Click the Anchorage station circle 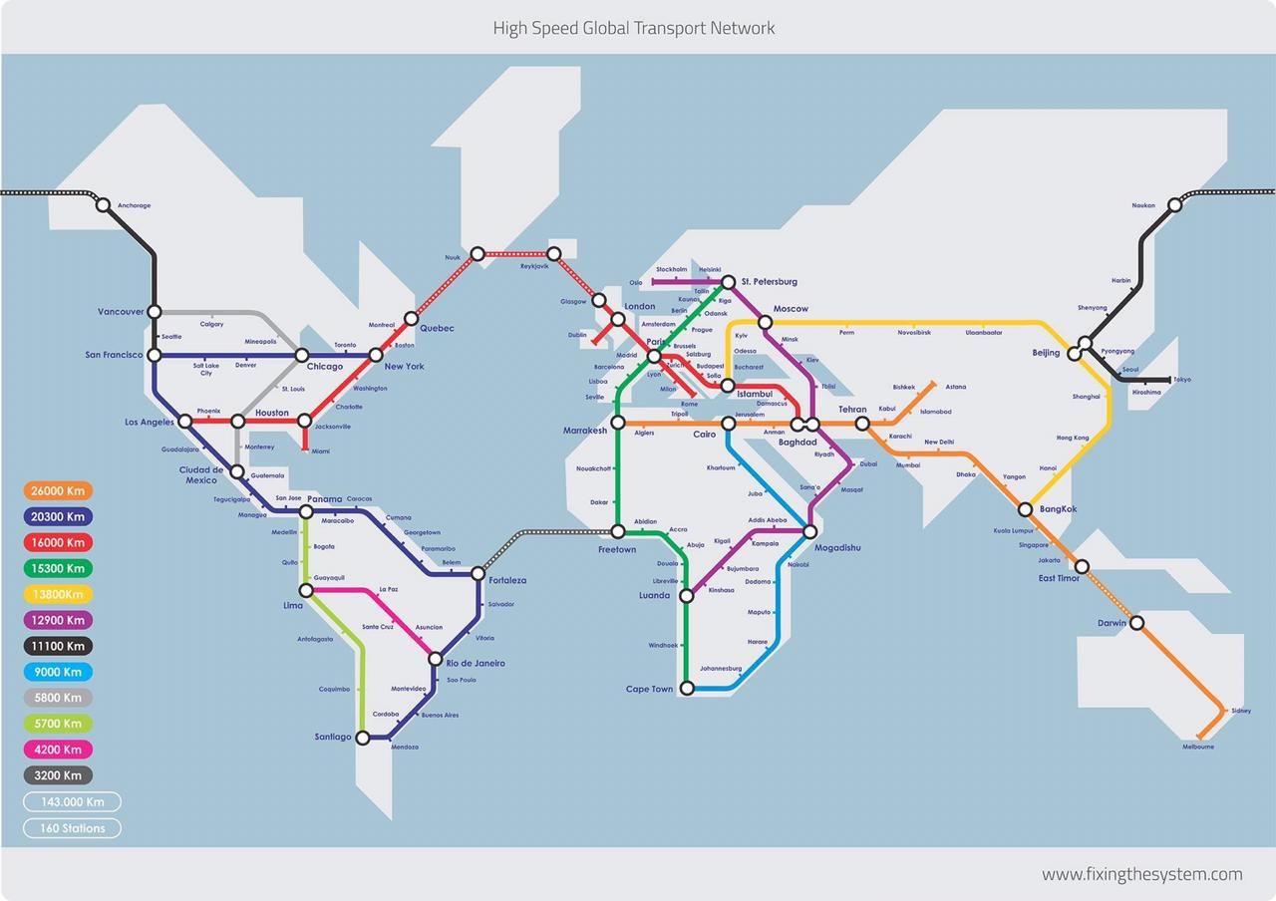click(103, 205)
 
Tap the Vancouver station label click(121, 312)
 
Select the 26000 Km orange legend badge click(58, 491)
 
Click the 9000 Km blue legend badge click(58, 673)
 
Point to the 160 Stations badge click(72, 828)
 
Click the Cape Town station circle click(686, 688)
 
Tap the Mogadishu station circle click(810, 531)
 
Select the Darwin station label click(1112, 623)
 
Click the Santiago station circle click(363, 739)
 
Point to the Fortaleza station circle click(478, 573)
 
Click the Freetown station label click(617, 549)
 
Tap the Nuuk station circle click(478, 254)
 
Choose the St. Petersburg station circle click(728, 282)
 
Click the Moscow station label click(791, 309)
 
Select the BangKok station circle click(1025, 509)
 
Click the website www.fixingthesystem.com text click(1141, 874)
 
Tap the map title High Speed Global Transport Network click(634, 28)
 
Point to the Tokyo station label click(1181, 380)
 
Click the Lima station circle click(306, 591)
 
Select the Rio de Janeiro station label click(476, 663)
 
